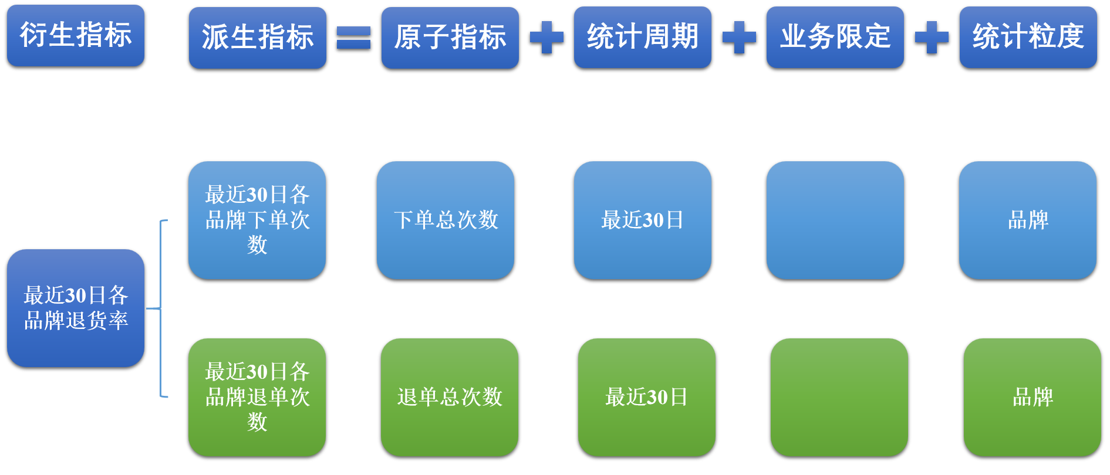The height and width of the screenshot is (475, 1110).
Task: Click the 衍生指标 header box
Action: tap(76, 35)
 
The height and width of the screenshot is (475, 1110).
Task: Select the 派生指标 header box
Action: tap(258, 38)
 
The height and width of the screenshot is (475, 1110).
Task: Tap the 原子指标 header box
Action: tap(450, 38)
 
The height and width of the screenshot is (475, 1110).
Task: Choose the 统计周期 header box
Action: tap(643, 37)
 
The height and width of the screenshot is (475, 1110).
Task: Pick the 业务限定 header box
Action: tap(835, 37)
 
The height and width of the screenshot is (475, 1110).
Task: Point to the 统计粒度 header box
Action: tap(1028, 37)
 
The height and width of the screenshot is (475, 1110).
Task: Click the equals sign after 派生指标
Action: tap(354, 38)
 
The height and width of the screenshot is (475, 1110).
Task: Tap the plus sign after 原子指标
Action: tap(546, 38)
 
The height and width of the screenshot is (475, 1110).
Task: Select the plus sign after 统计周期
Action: tap(739, 38)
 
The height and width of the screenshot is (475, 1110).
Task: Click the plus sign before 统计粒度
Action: tap(932, 38)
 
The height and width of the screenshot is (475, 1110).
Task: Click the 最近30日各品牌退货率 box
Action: tap(76, 308)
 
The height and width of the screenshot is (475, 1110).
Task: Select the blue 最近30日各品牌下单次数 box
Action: tap(257, 220)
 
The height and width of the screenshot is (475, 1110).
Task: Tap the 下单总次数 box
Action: tap(446, 220)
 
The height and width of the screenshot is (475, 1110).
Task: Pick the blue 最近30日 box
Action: tap(643, 220)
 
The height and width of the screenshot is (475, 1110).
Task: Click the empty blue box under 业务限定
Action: tap(835, 220)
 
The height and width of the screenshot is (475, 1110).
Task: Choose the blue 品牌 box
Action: tap(1028, 220)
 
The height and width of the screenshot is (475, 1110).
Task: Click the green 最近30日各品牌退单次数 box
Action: tap(257, 397)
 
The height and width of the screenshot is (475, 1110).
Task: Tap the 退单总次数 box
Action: tap(450, 397)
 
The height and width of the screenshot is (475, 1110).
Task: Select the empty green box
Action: tap(839, 397)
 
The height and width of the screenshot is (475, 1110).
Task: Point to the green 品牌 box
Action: tap(1033, 397)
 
